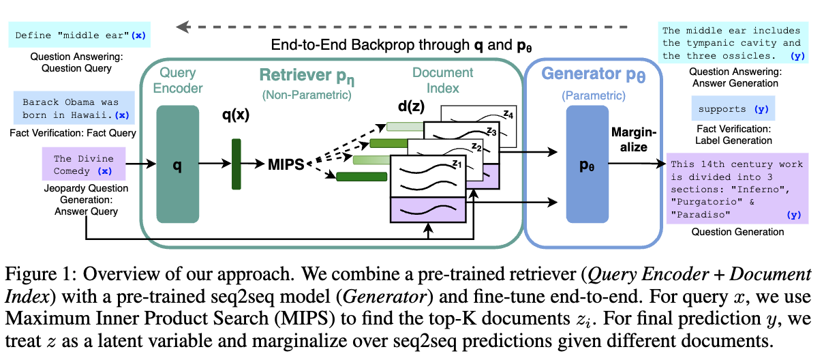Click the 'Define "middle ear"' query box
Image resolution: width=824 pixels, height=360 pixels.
click(x=80, y=35)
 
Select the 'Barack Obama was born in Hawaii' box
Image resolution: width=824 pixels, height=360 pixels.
click(x=74, y=108)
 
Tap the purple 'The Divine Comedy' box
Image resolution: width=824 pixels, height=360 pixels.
click(x=84, y=164)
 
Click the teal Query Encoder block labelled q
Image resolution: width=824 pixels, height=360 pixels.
click(x=178, y=164)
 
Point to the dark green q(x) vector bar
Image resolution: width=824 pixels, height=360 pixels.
click(x=236, y=164)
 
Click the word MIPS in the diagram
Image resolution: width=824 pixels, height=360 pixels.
click(x=286, y=164)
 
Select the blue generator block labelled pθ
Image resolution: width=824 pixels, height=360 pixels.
click(x=587, y=164)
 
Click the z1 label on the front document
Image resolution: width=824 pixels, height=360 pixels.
click(x=457, y=163)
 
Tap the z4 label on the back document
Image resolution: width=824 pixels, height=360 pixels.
click(x=508, y=114)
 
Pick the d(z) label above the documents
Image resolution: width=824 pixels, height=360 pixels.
click(x=411, y=106)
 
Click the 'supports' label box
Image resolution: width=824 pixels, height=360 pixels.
click(x=733, y=108)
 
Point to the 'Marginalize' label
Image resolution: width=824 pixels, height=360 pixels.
click(x=633, y=140)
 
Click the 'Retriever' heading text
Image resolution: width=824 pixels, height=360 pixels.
click(x=295, y=75)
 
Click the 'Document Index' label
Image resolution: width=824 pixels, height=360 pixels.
click(x=442, y=80)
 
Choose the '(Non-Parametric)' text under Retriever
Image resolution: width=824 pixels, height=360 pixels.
click(x=307, y=95)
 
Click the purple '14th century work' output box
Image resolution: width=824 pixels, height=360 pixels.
click(x=737, y=188)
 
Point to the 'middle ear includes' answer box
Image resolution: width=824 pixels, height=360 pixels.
click(x=733, y=43)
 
